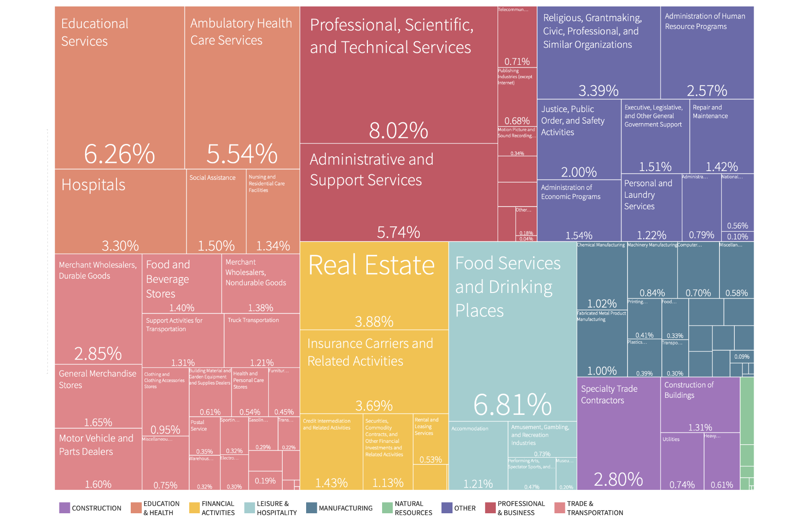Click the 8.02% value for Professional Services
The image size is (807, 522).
tap(398, 131)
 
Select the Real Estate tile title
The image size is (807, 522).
tap(371, 265)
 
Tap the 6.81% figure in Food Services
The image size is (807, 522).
tap(512, 405)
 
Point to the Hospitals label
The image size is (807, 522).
tap(93, 185)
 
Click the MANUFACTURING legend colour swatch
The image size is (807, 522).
tap(311, 508)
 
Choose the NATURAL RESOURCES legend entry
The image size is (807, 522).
tap(413, 508)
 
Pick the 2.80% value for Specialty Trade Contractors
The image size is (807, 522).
tap(618, 479)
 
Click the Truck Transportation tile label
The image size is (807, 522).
tap(253, 320)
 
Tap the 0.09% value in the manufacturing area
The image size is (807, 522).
tap(742, 356)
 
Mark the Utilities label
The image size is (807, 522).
tap(671, 439)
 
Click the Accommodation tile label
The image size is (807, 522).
tap(470, 429)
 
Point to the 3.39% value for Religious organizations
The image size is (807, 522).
tap(598, 91)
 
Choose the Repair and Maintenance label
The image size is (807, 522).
tap(710, 112)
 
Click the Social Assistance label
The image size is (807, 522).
tap(212, 178)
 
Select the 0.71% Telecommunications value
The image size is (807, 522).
tap(517, 62)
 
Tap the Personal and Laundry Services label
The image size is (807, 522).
tap(648, 195)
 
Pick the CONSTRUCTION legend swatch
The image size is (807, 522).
tap(64, 508)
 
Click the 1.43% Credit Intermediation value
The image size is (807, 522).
tap(331, 483)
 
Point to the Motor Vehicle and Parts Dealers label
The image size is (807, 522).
tap(96, 445)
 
